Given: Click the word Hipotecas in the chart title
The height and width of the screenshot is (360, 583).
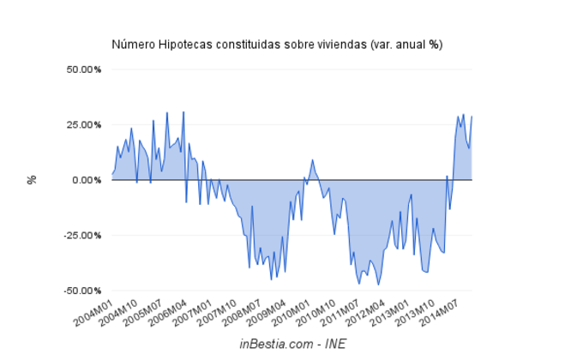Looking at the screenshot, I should tap(183, 44).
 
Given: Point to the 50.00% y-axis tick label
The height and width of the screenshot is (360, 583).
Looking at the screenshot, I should tap(84, 69).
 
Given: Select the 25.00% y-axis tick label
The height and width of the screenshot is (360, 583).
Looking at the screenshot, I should tap(84, 124).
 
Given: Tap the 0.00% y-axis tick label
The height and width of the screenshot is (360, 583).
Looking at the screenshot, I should tap(87, 180).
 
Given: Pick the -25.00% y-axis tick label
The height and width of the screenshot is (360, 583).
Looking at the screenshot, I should tap(82, 235).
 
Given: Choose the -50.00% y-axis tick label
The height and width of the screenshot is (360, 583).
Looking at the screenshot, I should tap(82, 291).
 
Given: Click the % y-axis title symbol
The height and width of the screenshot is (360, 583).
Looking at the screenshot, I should tap(32, 180).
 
